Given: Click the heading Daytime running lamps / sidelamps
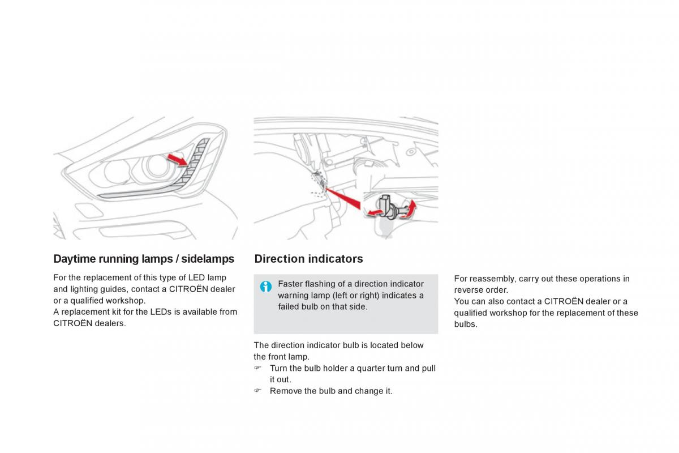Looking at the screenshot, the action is tap(144, 259).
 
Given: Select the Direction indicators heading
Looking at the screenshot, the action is tap(308, 259).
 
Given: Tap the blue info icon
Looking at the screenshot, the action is tap(266, 286).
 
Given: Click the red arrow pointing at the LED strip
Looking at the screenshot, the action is tap(178, 160).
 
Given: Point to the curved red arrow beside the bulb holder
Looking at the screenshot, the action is tap(410, 210).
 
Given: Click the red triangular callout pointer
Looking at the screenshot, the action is tap(342, 198).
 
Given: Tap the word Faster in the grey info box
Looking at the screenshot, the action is tap(290, 284).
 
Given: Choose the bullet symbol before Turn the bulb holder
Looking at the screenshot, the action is tap(257, 367).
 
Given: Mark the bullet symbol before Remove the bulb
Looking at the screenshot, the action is tap(257, 391).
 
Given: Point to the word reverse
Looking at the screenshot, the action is tap(467, 290).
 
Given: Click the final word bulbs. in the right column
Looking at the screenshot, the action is tap(466, 324).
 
